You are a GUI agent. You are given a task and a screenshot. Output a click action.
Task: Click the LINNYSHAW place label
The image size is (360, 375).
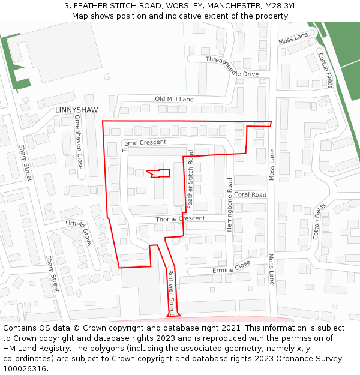pos(76,110)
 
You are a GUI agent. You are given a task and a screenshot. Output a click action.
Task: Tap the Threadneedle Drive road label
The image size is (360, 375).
pos(232,67)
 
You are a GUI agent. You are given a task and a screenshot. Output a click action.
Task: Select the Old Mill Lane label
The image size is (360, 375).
pos(174,99)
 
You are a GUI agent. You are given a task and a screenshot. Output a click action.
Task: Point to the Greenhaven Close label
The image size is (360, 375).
pos(79,142)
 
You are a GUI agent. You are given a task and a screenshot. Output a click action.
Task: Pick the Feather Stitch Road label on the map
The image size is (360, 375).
pos(191,179)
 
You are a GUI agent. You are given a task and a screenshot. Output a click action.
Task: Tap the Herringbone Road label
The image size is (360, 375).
pos(229,200)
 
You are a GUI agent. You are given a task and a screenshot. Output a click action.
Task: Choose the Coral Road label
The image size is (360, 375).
pos(250,195)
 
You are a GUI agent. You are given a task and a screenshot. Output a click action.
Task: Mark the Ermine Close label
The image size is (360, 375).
pos(231,268)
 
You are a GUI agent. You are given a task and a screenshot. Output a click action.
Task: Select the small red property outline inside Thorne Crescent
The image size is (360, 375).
pos(159,173)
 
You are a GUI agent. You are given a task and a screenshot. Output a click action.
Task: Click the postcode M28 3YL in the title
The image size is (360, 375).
pos(282,6)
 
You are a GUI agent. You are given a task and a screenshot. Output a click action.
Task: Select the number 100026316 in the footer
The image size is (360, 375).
pos(26,369)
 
